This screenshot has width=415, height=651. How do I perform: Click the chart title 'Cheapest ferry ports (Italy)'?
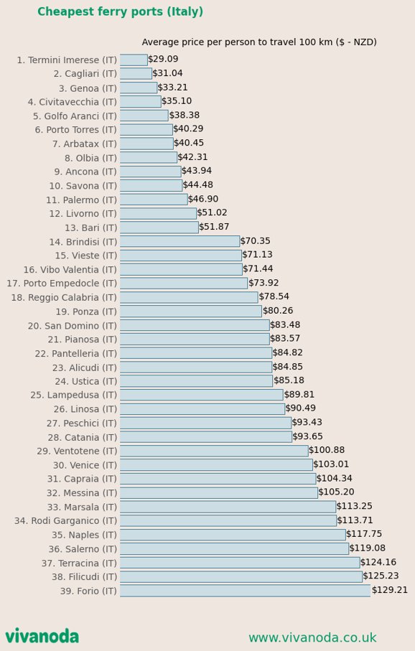coord(120,11)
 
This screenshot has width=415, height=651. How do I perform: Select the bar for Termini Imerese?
coord(134,60)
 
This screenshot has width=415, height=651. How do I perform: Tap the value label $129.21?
coord(390,590)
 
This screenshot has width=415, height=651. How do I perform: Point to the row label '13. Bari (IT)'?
coord(90,228)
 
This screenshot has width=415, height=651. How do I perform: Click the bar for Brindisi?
coord(180,241)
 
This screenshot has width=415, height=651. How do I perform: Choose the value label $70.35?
coord(256,240)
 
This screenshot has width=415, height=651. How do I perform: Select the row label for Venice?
coord(85,465)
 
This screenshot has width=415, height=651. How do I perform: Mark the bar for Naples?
coord(233,534)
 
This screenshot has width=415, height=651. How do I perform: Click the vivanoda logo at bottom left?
coord(42,637)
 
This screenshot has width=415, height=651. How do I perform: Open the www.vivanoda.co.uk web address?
coord(312,637)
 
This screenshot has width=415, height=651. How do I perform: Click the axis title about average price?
coord(259,42)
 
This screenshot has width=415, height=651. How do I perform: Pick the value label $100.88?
coord(327,450)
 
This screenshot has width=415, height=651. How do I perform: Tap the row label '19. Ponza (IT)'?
coord(86,312)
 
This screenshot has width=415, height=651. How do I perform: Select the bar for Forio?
coord(245,591)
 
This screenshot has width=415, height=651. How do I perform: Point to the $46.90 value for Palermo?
coord(203,199)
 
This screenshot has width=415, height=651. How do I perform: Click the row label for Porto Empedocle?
coord(62,284)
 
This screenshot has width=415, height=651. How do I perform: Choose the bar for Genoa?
coord(139,88)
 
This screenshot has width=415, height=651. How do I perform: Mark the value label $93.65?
coord(308,436)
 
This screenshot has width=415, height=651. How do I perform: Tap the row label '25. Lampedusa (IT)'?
coord(73,395)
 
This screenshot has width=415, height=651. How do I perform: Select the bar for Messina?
coord(219,493)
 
